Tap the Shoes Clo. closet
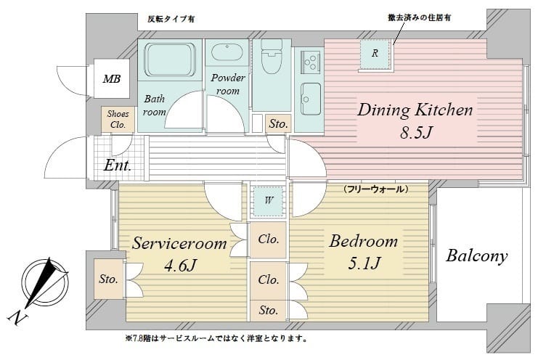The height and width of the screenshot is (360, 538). pyautogui.click(x=117, y=120)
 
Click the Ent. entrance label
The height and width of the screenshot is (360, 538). pyautogui.click(x=117, y=165)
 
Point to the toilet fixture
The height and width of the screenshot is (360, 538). pyautogui.click(x=272, y=58)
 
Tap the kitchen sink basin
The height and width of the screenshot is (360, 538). pyautogui.click(x=311, y=94)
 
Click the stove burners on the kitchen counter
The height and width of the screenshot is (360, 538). pyautogui.click(x=308, y=59)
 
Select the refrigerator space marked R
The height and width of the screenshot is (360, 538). pyautogui.click(x=375, y=53)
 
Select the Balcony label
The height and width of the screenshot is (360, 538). pyautogui.click(x=476, y=256)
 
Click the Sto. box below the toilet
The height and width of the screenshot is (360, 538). pyautogui.click(x=277, y=124)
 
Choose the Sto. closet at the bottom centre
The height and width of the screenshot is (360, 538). pyautogui.click(x=268, y=310)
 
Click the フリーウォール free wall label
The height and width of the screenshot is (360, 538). pyautogui.click(x=375, y=189)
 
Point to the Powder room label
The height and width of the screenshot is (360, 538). pyautogui.click(x=228, y=84)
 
